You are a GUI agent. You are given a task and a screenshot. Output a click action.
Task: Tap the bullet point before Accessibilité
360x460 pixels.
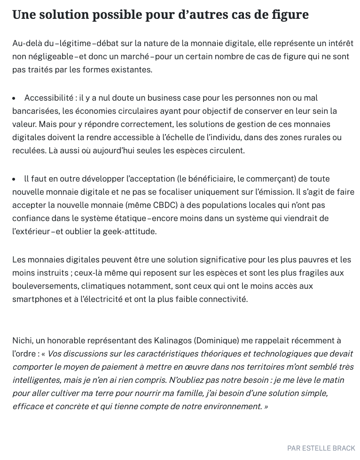click(14, 98)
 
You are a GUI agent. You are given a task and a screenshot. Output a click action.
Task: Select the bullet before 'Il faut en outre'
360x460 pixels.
click(14, 179)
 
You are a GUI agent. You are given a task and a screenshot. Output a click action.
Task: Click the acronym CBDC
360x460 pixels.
click(165, 205)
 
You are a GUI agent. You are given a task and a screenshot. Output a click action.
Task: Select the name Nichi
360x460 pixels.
click(22, 341)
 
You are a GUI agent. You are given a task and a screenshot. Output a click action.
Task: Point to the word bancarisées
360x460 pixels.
click(35, 111)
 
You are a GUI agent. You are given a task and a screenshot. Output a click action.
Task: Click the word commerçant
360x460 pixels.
click(260, 179)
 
